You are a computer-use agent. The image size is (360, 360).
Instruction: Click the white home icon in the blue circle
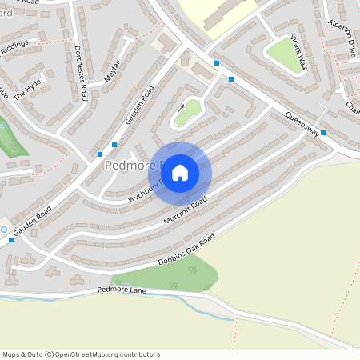pos(180,172)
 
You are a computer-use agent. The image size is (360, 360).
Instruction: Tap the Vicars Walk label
pos(298,53)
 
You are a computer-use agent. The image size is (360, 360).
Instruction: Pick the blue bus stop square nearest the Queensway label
pos(322,133)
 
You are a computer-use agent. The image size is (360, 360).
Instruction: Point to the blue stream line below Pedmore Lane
pos(48,298)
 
